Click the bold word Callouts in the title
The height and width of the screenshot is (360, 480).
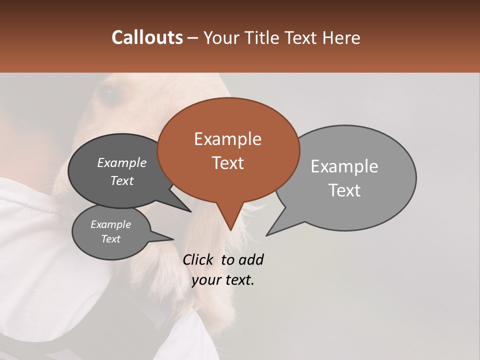[x=147, y=37]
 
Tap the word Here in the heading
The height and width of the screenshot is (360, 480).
[x=341, y=37]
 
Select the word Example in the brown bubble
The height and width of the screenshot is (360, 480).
[x=227, y=139]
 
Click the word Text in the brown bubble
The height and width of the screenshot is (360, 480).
[x=227, y=163]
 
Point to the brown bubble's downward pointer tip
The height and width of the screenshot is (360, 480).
[x=230, y=230]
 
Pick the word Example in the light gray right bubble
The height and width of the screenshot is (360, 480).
[x=344, y=166]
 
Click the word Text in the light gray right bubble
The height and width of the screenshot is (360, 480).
[x=344, y=190]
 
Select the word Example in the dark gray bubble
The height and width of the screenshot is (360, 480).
[x=122, y=163]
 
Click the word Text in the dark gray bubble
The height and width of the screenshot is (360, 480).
[x=122, y=181]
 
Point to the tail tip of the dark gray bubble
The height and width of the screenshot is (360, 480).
[x=191, y=211]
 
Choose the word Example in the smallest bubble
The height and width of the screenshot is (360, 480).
[x=111, y=224]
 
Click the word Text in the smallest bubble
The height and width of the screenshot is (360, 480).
[x=111, y=239]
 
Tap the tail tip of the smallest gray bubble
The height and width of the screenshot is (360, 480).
[x=173, y=239]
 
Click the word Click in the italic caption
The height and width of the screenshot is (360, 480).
[x=199, y=259]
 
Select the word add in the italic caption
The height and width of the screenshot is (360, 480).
[x=250, y=259]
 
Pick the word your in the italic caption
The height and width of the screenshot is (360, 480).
[x=205, y=280]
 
